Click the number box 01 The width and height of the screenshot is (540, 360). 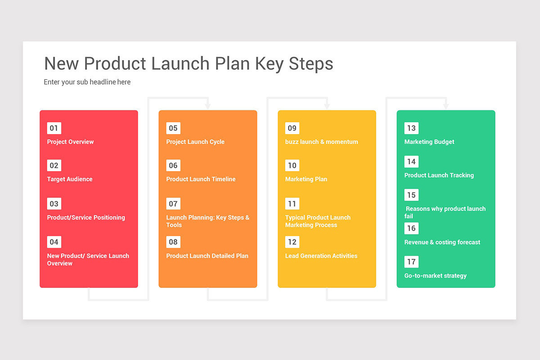(x=54, y=128)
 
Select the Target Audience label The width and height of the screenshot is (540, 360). (x=70, y=179)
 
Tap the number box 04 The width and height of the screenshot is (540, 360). (x=54, y=242)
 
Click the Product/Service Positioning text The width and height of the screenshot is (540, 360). (x=86, y=217)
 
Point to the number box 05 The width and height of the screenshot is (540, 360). (x=173, y=128)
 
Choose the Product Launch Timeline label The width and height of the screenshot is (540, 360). (x=201, y=179)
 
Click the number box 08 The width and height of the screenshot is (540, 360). (x=173, y=242)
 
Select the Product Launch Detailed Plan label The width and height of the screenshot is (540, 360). (x=207, y=256)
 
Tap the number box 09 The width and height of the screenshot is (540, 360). (x=292, y=128)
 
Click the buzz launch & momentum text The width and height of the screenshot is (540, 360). (x=322, y=142)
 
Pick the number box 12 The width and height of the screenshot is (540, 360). (x=292, y=242)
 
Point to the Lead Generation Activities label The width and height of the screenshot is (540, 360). (x=321, y=256)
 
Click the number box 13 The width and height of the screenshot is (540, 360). (x=411, y=128)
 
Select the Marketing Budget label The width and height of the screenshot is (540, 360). (x=429, y=142)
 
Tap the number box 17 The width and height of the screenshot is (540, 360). (x=411, y=262)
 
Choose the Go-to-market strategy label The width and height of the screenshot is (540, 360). (x=436, y=275)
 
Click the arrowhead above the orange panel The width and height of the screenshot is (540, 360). (x=208, y=106)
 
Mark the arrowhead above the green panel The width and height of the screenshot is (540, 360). (x=446, y=106)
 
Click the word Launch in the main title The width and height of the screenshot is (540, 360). (x=180, y=63)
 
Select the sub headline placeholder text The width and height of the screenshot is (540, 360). (x=87, y=82)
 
